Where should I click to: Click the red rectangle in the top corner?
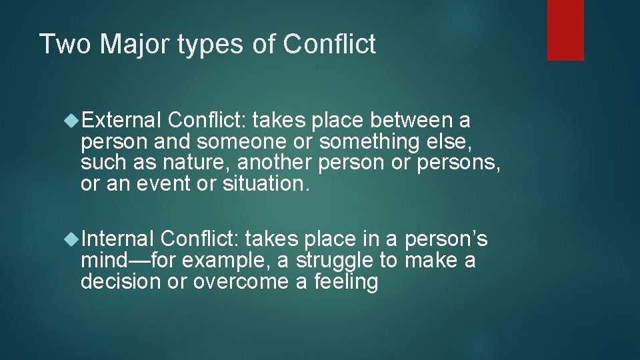click(x=565, y=30)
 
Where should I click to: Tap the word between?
click(x=408, y=121)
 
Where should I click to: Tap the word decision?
click(x=121, y=281)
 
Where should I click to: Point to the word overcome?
click(x=238, y=281)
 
